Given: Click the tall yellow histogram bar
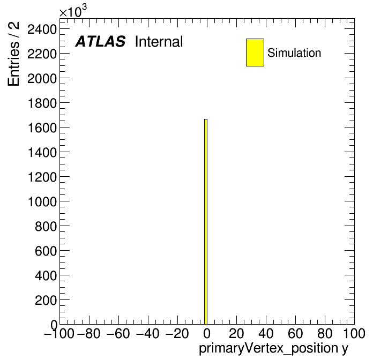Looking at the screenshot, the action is [206, 222].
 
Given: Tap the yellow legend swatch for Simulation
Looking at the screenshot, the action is [255, 52].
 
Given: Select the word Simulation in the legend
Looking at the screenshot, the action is [294, 53].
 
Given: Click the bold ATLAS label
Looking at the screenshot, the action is [100, 41].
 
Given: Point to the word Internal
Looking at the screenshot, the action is [159, 42].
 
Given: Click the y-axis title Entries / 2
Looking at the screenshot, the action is [13, 54].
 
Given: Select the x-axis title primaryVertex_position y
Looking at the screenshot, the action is [273, 349].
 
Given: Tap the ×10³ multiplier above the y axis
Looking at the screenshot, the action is [73, 11].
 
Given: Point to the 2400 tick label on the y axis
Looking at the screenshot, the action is [42, 29].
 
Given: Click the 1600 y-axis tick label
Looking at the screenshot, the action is [42, 128].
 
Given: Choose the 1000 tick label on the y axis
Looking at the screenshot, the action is [42, 202].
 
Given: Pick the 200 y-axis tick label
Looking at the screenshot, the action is [46, 301].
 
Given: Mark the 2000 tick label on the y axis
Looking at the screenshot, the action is [42, 79].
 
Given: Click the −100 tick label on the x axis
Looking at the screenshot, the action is [59, 334].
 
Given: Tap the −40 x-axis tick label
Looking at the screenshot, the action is [147, 334].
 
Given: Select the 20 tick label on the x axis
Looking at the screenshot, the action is [236, 334].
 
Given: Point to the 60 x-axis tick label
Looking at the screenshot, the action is [295, 334].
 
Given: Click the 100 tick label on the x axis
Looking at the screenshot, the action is [354, 334].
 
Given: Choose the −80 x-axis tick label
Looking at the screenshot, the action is [89, 334].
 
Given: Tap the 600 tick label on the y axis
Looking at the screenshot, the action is [46, 251].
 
